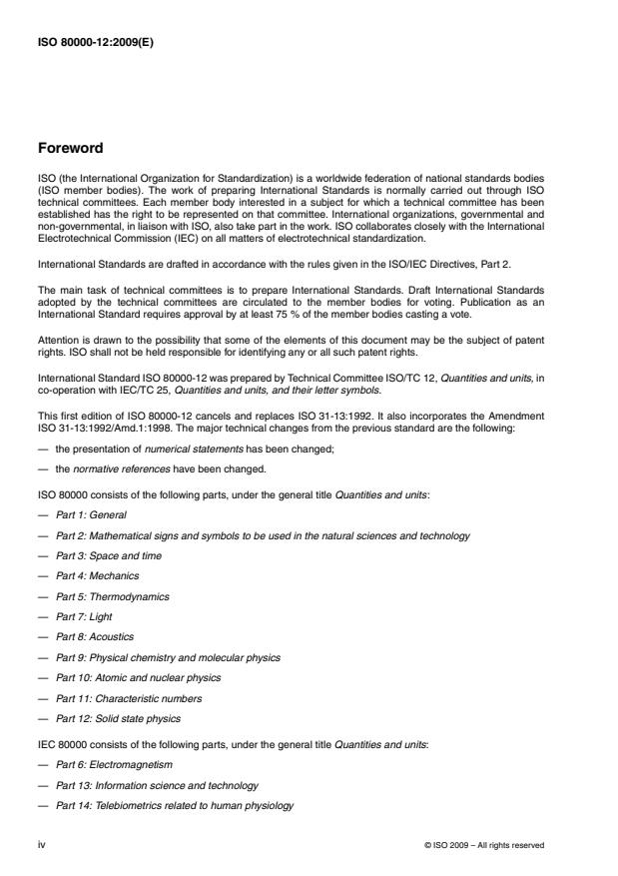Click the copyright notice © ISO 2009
(x=484, y=845)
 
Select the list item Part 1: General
(x=91, y=514)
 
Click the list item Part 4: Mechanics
(x=98, y=576)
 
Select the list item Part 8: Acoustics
(x=95, y=637)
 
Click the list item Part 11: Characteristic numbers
(x=129, y=698)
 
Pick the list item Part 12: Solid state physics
(x=119, y=719)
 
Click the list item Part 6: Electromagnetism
(x=114, y=765)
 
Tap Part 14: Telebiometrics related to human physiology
(x=175, y=806)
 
